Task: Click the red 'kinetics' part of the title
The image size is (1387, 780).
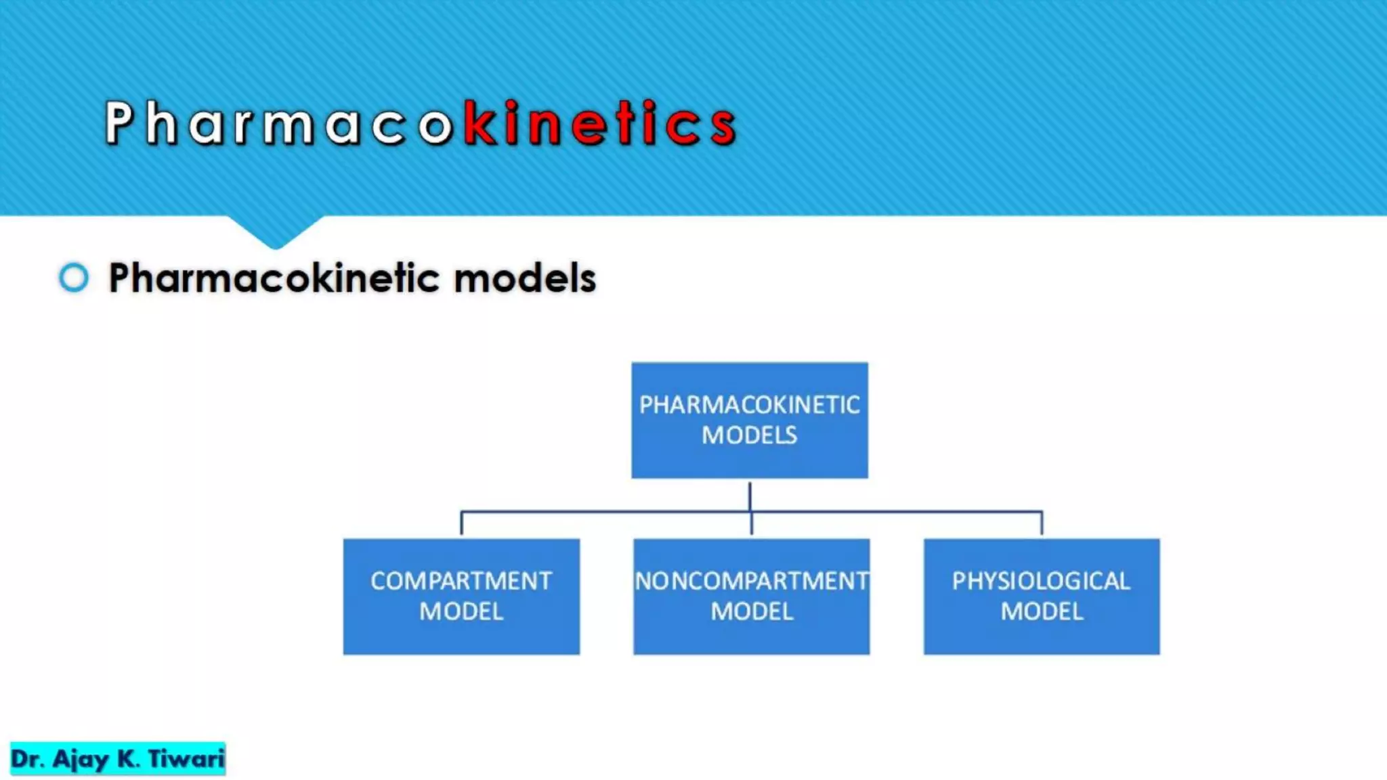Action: (600, 123)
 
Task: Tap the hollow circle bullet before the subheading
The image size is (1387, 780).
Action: (73, 278)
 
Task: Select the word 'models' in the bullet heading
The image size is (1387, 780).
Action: (525, 278)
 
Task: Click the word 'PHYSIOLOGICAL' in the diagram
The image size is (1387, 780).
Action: (1042, 581)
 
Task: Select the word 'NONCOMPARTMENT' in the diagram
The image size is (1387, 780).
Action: (751, 581)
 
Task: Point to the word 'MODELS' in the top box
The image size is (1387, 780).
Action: (750, 435)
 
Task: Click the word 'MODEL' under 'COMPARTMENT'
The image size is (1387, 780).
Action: (461, 611)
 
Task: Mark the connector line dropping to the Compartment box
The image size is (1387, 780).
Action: (461, 523)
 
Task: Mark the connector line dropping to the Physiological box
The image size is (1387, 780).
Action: (1042, 523)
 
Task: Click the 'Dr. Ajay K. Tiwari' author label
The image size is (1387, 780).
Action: (117, 758)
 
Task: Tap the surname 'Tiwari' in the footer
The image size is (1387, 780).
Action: (186, 758)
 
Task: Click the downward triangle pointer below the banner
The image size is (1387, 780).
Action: (275, 232)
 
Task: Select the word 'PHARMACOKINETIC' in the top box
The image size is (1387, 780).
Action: (750, 405)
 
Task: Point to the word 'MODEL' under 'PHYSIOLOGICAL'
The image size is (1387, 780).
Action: (1042, 611)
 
